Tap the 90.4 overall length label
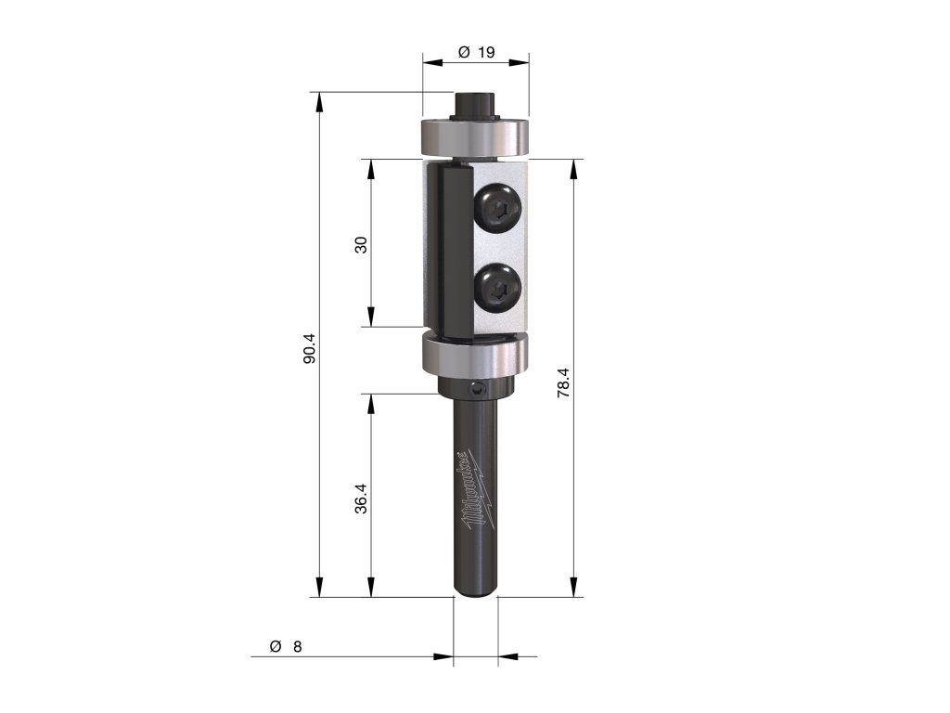[x=310, y=347]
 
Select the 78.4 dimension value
[x=563, y=382]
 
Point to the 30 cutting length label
[x=362, y=245]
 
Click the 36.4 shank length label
[x=361, y=499]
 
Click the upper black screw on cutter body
[x=498, y=208]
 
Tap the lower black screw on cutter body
[x=498, y=288]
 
